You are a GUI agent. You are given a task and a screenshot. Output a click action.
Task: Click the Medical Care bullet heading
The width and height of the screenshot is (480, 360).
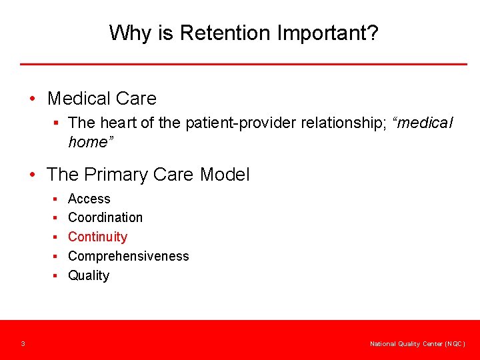[102, 99]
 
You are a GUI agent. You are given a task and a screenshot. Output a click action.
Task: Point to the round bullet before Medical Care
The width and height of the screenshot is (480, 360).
[33, 99]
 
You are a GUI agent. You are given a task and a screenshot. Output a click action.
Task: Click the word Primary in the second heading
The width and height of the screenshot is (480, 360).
[115, 175]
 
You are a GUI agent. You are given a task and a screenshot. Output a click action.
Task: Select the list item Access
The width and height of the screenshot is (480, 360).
[89, 199]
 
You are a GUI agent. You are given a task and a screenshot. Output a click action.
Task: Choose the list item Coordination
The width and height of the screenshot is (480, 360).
[105, 217]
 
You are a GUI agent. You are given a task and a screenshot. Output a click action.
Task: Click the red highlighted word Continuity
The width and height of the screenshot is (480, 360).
[97, 237]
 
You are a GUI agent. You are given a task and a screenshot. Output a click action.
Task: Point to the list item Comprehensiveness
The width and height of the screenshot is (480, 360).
[129, 256]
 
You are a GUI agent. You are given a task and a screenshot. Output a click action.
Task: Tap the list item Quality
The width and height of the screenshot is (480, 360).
[89, 275]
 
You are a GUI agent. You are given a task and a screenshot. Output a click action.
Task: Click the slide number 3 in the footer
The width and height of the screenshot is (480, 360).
[23, 344]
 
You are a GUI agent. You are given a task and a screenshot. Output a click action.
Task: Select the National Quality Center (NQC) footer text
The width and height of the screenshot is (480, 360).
[417, 344]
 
